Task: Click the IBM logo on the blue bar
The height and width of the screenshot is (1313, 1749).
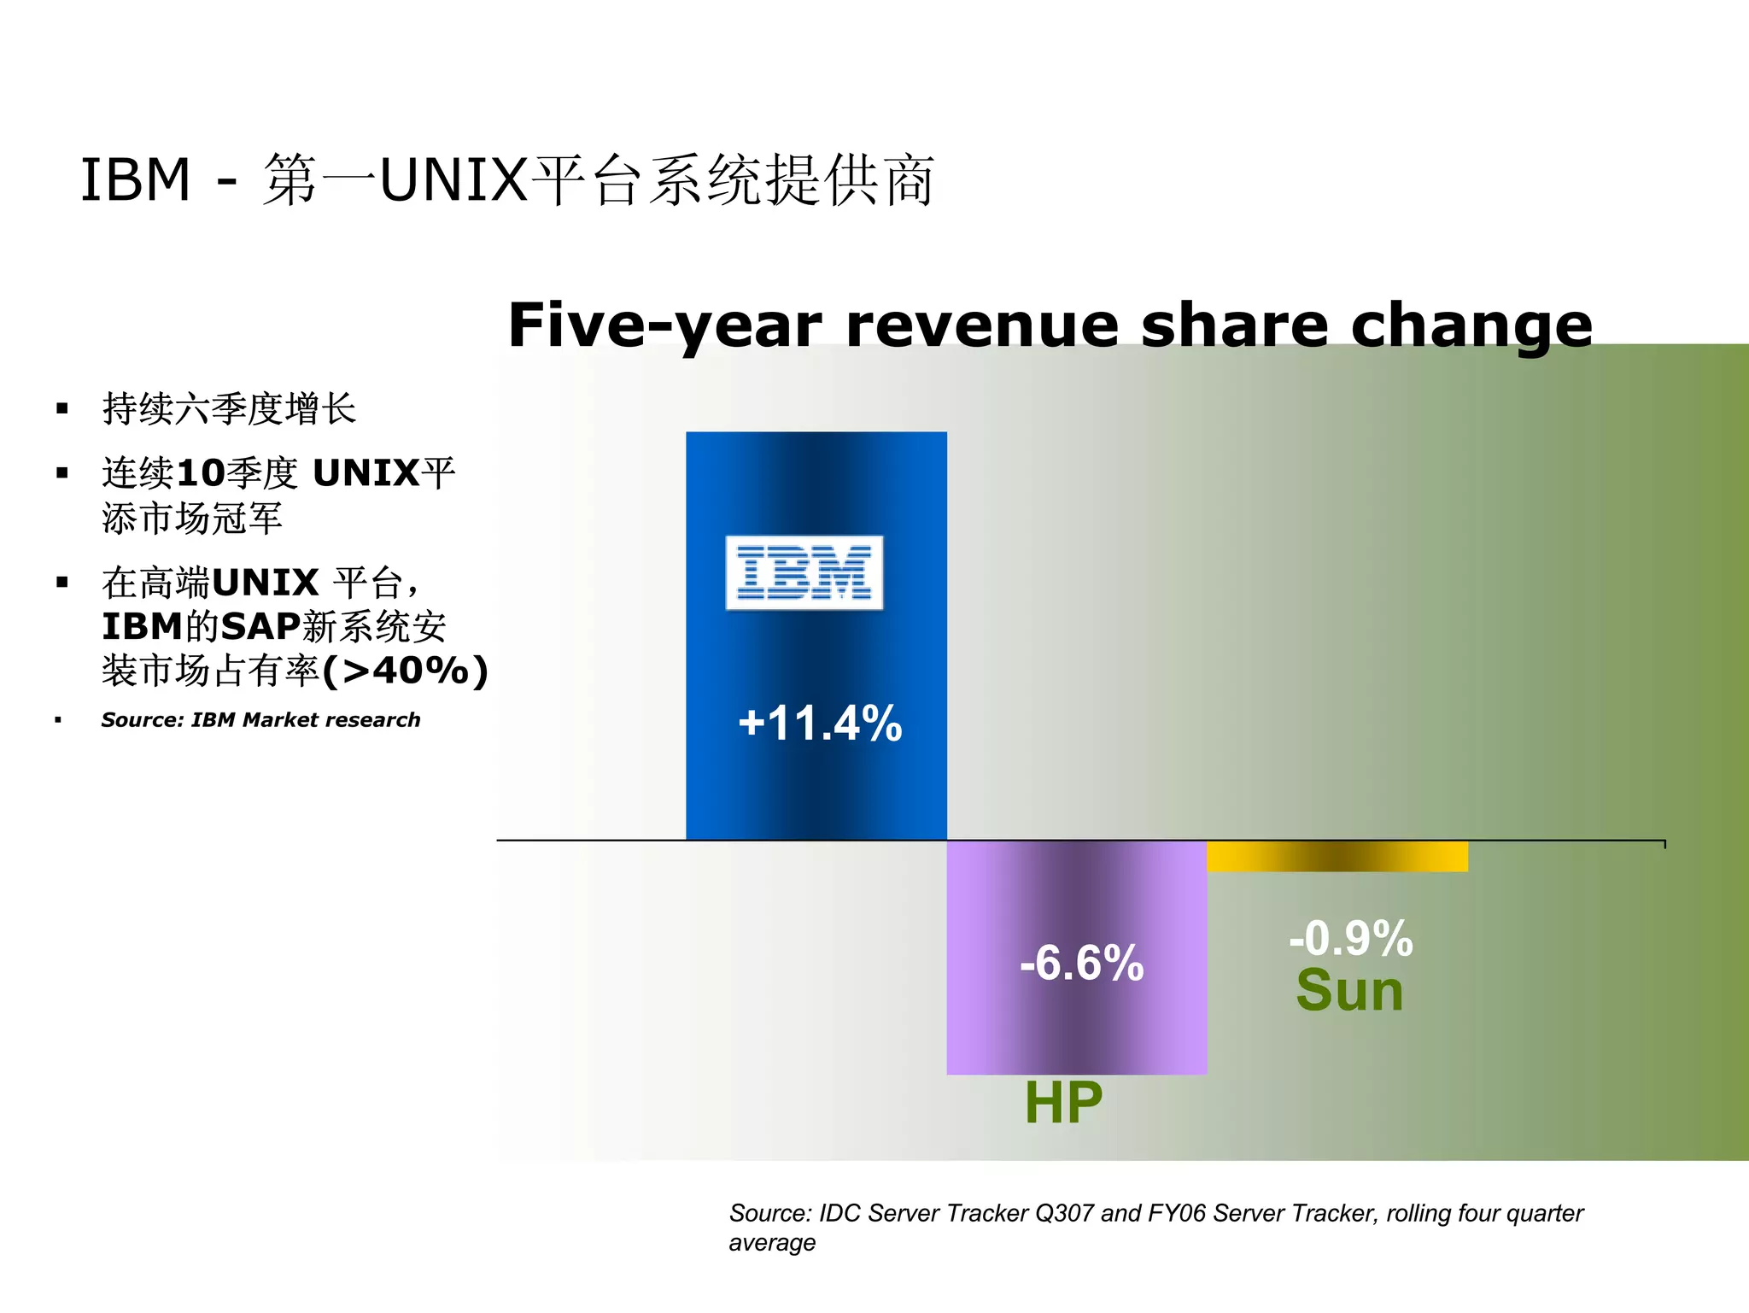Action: point(804,572)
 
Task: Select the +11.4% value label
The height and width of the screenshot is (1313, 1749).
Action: point(820,723)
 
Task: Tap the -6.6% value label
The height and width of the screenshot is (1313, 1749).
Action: point(1081,963)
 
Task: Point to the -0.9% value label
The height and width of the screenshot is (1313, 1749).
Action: point(1350,938)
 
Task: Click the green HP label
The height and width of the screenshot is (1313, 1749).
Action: point(1063,1102)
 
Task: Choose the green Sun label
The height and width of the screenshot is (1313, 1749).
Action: point(1349,991)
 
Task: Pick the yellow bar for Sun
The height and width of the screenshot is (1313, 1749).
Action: point(1337,856)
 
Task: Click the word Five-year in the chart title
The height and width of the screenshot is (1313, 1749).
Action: point(664,326)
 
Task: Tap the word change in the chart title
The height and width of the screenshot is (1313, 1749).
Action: point(1471,326)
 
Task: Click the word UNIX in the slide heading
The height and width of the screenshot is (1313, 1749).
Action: point(453,180)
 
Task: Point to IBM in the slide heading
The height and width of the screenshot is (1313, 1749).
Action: point(135,180)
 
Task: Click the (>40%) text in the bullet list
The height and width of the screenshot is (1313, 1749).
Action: point(406,671)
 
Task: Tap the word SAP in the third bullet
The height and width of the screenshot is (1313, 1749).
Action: point(260,626)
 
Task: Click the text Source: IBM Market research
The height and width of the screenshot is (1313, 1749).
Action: point(260,720)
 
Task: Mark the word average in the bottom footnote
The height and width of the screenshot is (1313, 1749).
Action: point(772,1243)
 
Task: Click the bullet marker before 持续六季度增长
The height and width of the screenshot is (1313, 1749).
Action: point(61,408)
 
